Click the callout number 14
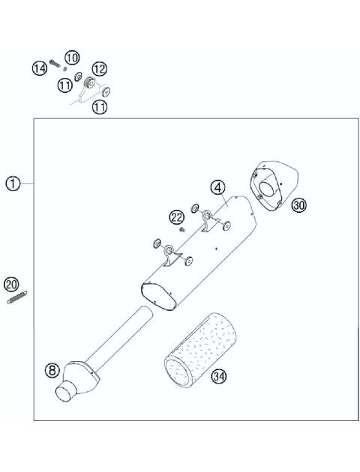click(x=39, y=68)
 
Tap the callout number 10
click(x=71, y=58)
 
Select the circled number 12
click(x=100, y=68)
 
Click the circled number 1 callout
click(x=13, y=183)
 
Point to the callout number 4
click(x=217, y=187)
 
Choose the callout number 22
click(x=176, y=217)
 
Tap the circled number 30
click(x=299, y=205)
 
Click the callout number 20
click(x=10, y=284)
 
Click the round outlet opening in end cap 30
click(x=265, y=190)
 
